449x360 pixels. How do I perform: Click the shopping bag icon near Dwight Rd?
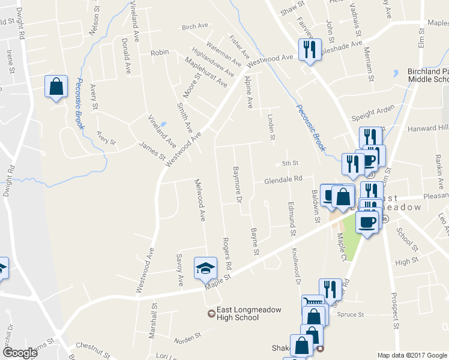pos(56,86)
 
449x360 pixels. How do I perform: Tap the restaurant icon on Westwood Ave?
pos(310,49)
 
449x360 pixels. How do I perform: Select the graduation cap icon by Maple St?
pos(205,268)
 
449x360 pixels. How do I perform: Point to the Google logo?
pos(20,353)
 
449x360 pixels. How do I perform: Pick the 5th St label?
pos(290,163)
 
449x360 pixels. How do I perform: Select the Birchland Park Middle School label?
pos(428,75)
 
